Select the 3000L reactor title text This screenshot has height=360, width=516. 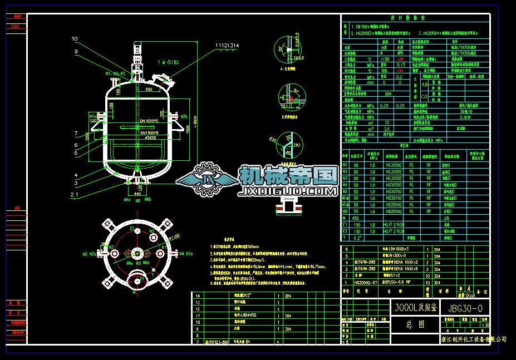pos(415,307)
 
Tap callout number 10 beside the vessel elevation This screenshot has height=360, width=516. pos(75,39)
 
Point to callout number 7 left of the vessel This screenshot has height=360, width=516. pos(75,134)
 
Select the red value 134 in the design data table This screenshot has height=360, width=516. pos(399,71)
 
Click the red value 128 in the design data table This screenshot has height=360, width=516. pos(399,58)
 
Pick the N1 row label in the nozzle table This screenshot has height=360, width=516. pos(345,165)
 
